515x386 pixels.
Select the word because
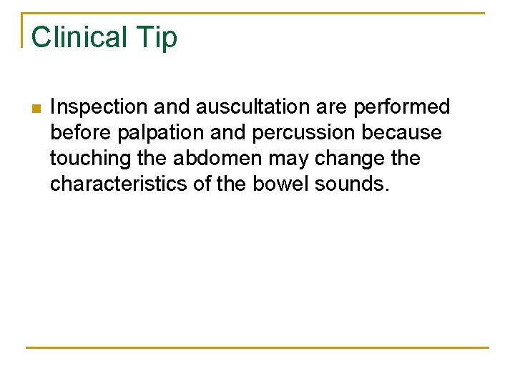406,133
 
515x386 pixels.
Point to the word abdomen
218,159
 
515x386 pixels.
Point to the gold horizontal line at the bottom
257,348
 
